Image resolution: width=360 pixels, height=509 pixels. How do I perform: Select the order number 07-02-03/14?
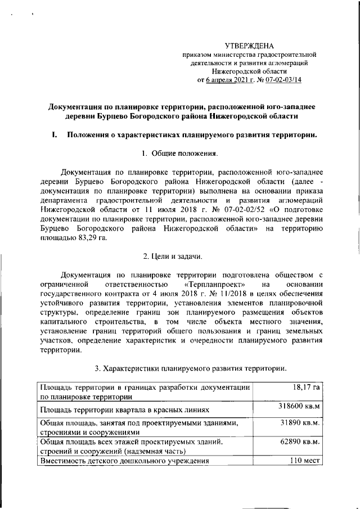tap(281, 80)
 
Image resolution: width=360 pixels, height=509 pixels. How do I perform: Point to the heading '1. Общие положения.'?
tap(179, 154)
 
